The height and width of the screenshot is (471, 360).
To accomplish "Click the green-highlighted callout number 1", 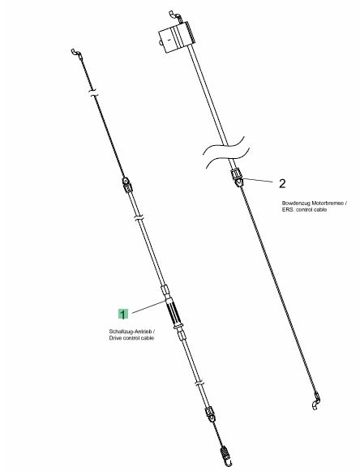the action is [123, 315].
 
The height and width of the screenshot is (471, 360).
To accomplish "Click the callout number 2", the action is [282, 183].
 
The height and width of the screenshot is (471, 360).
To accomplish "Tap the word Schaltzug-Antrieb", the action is [131, 332].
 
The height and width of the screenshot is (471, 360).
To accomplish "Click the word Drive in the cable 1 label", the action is [115, 338].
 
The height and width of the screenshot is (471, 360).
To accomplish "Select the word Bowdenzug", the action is [294, 203].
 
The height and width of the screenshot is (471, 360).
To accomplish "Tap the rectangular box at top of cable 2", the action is [176, 37].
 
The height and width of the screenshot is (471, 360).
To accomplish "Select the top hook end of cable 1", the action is [76, 54].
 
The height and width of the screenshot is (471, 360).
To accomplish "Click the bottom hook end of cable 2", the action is [316, 400].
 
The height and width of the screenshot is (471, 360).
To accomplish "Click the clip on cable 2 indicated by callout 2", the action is [238, 178].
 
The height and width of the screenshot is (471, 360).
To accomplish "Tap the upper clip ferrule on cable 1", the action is [127, 185].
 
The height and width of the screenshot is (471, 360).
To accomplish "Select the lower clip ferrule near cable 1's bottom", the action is [210, 415].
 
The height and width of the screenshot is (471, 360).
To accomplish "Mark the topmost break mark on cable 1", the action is [94, 92].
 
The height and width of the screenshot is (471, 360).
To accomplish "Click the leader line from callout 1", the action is [148, 306].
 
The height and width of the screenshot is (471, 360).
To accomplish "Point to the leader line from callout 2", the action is [258, 180].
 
